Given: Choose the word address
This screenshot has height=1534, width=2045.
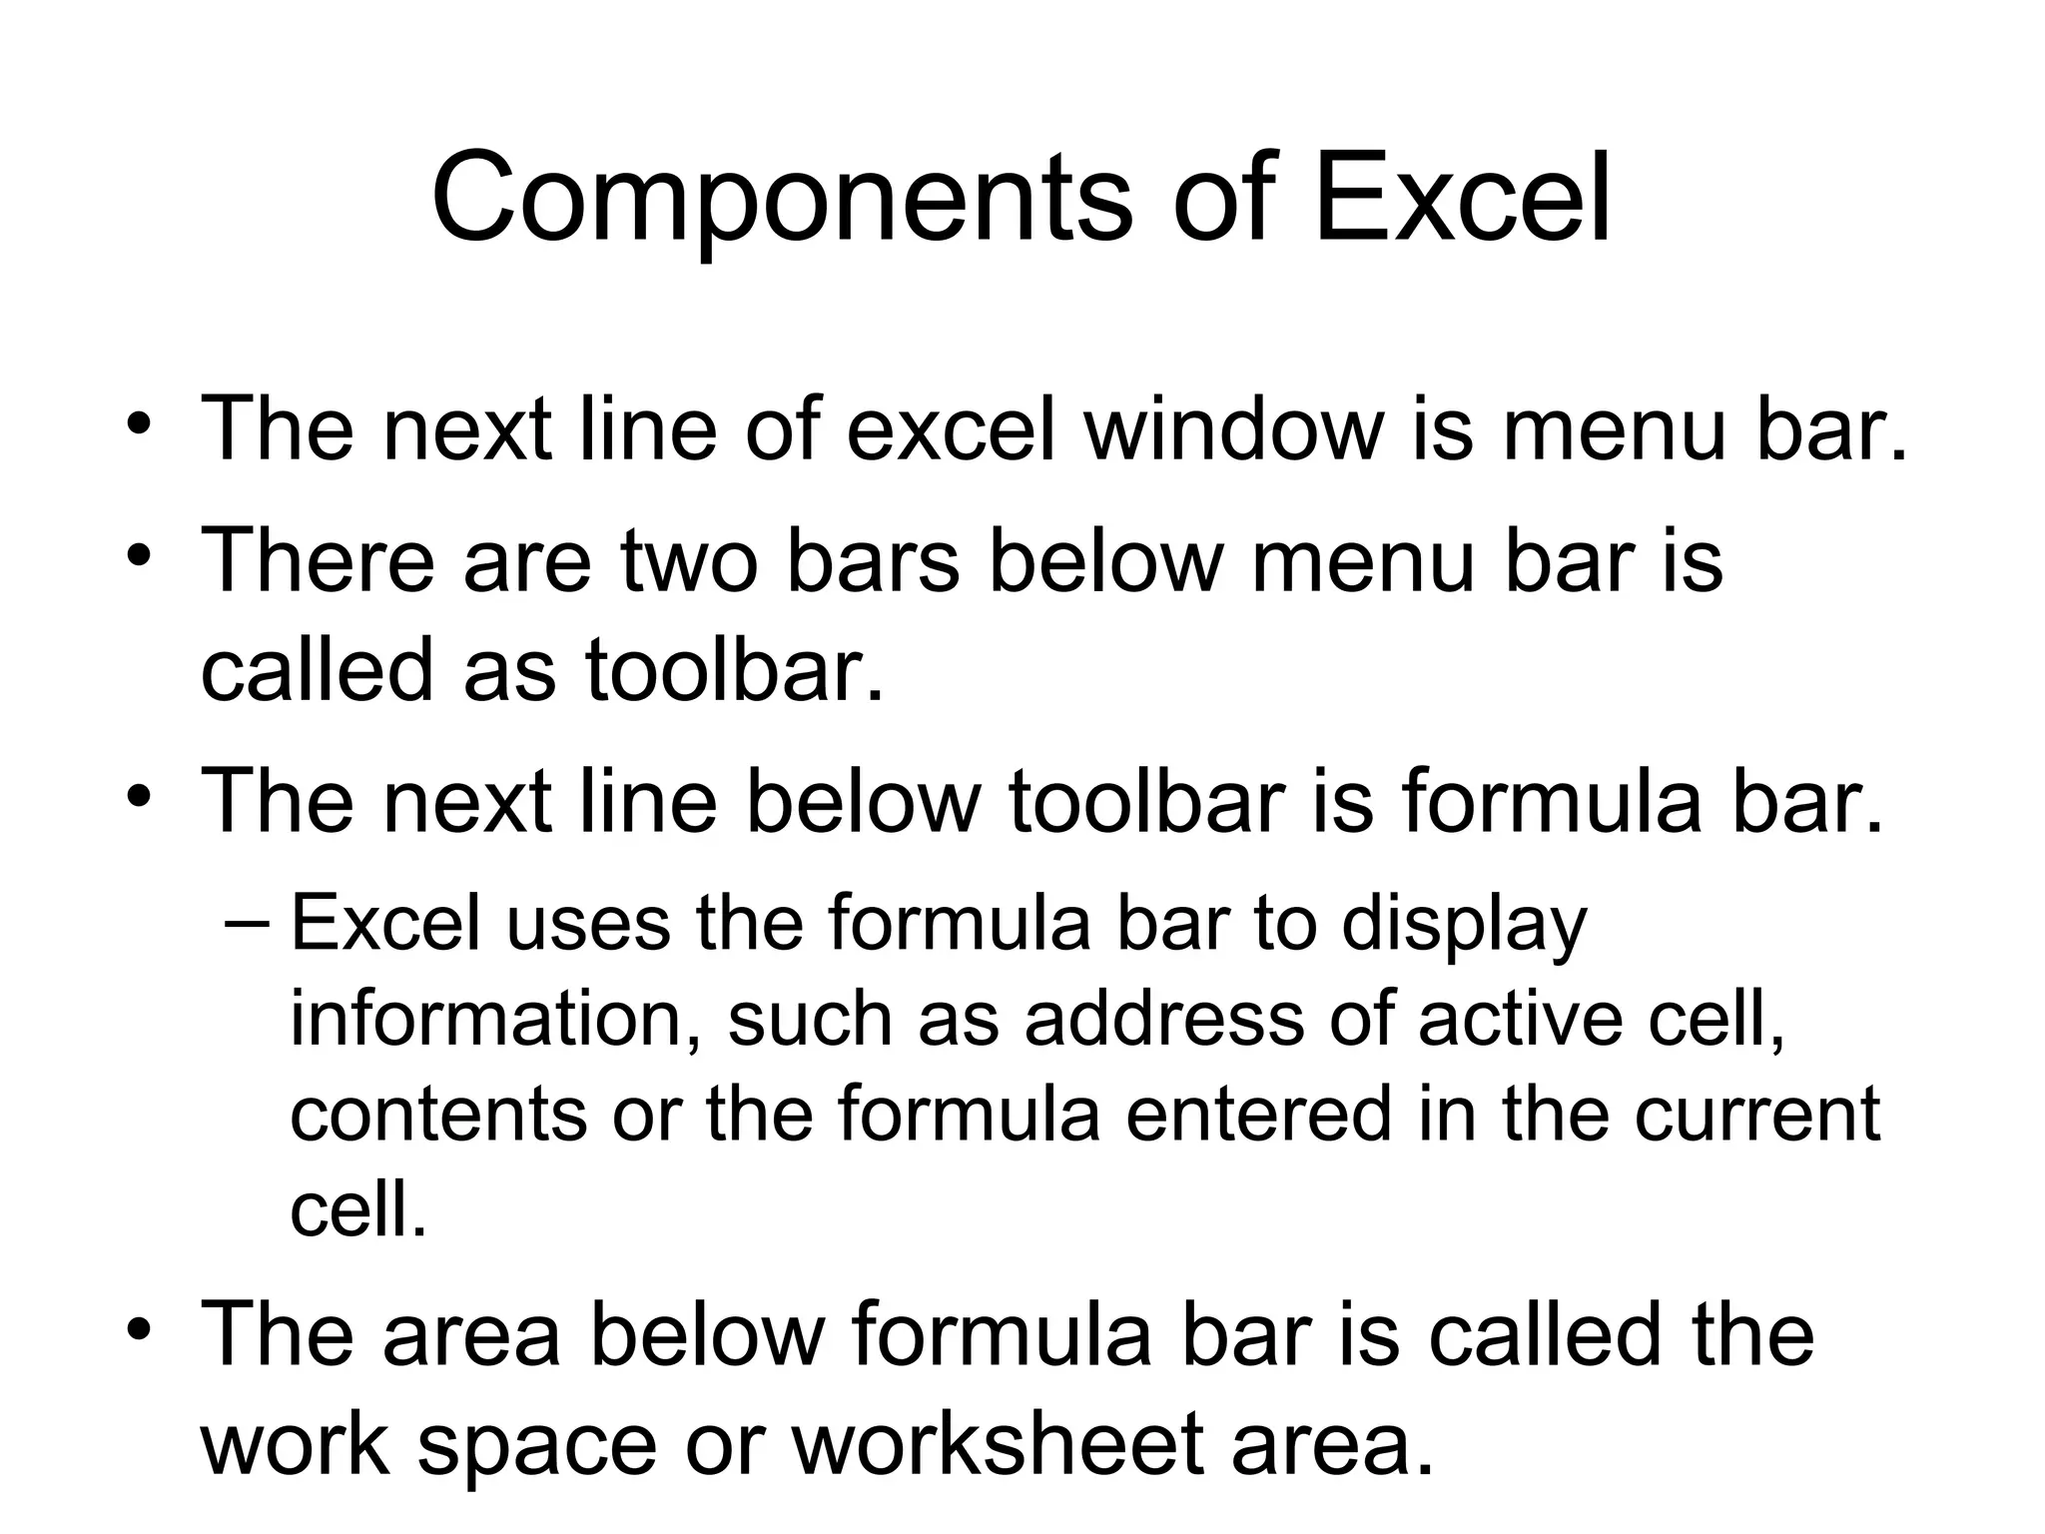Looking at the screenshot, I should (x=1163, y=1020).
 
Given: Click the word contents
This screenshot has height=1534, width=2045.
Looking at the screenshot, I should (x=438, y=1115).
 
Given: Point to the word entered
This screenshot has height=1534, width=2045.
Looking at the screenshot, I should (x=1259, y=1115).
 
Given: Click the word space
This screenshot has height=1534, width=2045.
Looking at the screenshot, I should (x=537, y=1448).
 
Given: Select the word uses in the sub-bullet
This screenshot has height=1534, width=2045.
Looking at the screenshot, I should (x=588, y=924).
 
